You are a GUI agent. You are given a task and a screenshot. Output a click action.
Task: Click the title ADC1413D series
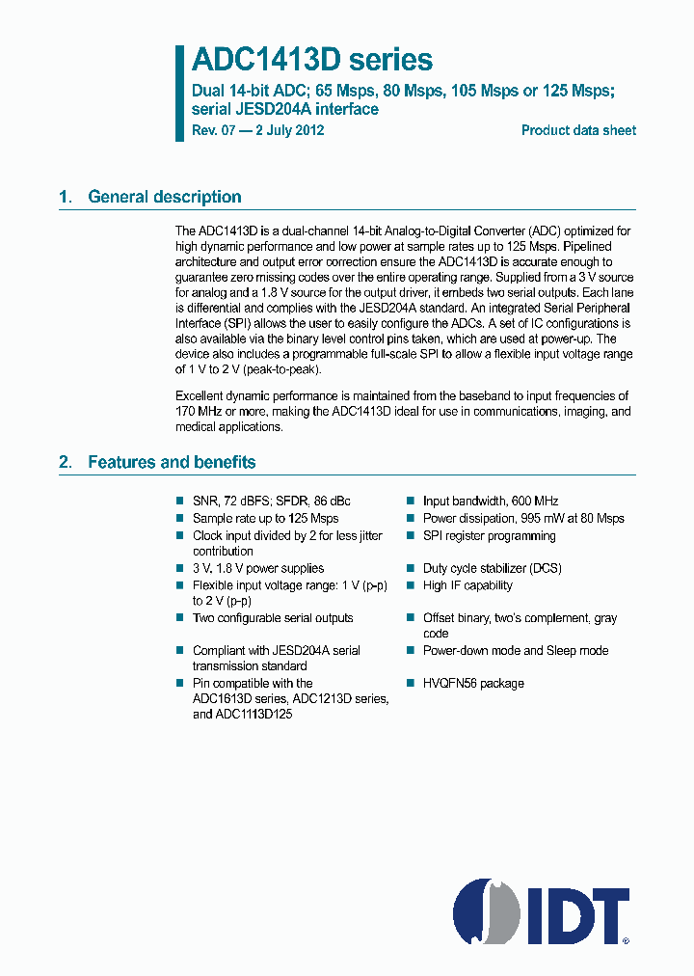tap(312, 60)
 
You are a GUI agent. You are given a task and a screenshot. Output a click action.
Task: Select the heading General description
tap(164, 197)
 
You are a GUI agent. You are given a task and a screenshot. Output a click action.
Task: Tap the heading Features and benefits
tap(172, 462)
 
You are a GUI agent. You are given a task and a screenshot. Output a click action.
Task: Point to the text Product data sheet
tap(578, 130)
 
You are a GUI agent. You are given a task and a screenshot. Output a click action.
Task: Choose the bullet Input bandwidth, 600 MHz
tap(490, 502)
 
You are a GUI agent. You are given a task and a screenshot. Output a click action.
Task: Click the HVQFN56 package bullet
tap(473, 683)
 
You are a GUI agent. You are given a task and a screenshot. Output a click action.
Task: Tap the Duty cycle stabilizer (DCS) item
tap(492, 568)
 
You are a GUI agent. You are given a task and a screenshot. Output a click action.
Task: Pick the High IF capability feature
tap(467, 585)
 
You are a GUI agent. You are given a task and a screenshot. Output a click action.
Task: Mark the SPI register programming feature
tap(489, 535)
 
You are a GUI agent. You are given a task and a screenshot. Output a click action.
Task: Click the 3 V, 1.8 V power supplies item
tap(258, 568)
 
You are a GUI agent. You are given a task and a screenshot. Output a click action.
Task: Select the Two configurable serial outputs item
tap(273, 618)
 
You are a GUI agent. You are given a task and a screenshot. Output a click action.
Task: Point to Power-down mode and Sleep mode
tap(516, 650)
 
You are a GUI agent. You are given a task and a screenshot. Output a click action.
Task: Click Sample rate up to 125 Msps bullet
tap(265, 518)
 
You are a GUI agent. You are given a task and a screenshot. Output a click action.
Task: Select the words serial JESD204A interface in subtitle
tap(285, 109)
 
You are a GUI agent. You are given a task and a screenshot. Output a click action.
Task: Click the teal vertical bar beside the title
tap(179, 93)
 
